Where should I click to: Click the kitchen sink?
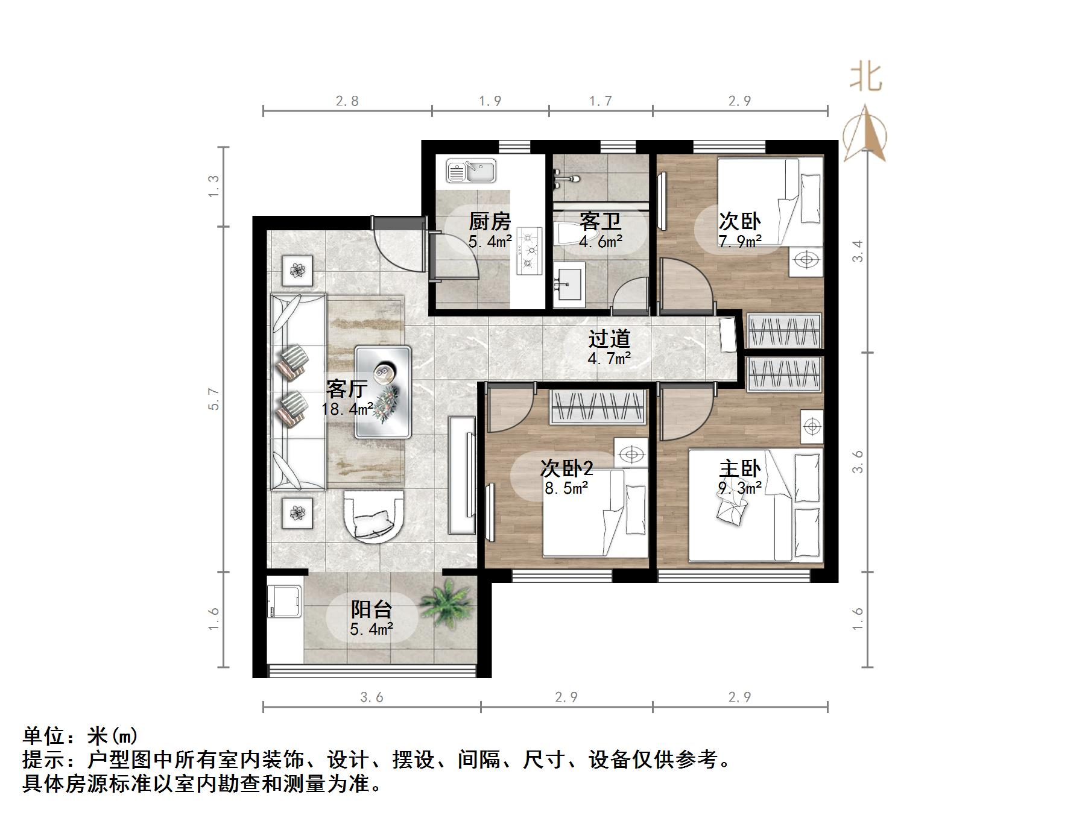471,171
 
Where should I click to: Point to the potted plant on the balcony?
446,605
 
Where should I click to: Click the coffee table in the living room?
383,391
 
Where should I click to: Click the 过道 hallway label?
609,339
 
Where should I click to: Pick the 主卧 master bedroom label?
739,468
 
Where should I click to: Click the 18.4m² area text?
347,410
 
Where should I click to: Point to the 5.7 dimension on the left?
213,399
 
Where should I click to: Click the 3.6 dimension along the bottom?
372,697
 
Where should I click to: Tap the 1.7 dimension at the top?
601,101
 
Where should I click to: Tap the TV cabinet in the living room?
463,475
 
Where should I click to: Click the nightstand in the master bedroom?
812,427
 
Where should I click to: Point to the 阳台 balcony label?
372,609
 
